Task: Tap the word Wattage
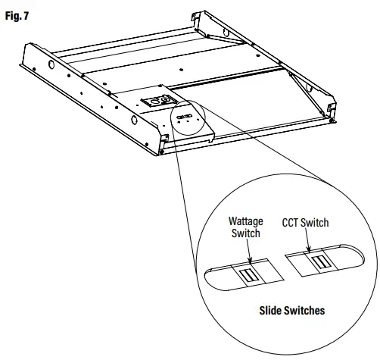(x=245, y=221)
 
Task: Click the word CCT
(x=293, y=223)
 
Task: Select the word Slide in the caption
(x=271, y=311)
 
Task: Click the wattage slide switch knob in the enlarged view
(x=248, y=274)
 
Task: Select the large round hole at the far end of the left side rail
(x=50, y=65)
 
